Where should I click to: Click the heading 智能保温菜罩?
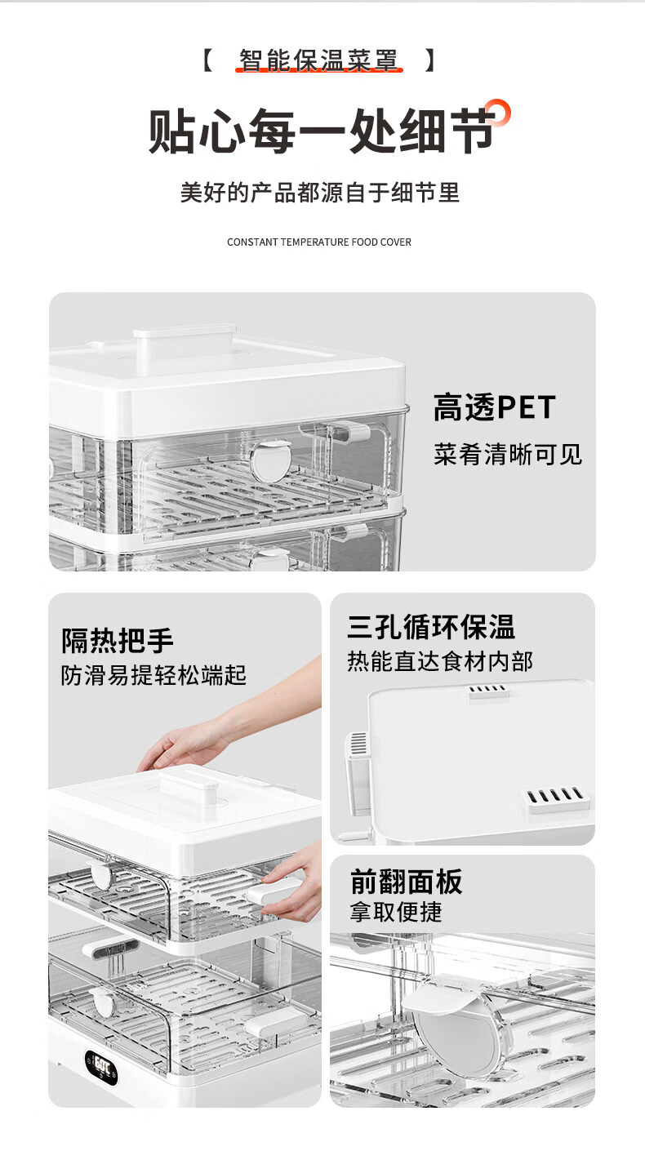pos(318,60)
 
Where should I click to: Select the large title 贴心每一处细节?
pos(322,131)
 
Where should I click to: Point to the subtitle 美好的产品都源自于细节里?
pos(320,193)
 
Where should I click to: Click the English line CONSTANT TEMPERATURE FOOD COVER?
pos(319,242)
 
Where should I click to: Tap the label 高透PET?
pos(495,407)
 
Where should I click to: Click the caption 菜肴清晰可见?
pos(508,454)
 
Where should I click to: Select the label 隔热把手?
pos(118,641)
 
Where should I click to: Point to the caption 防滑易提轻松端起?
pos(153,675)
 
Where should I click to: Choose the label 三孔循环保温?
pos(431,627)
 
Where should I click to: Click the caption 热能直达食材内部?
pos(440,660)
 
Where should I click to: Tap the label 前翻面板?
pos(406,882)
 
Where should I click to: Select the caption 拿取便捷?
pos(396,912)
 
